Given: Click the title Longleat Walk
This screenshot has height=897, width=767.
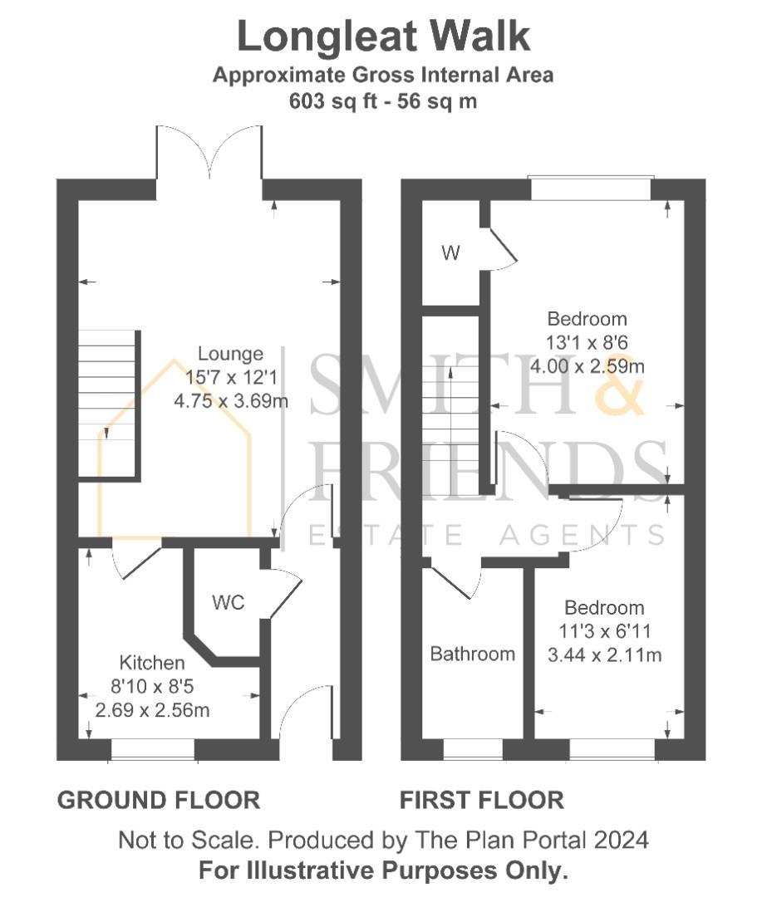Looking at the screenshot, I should pyautogui.click(x=383, y=37).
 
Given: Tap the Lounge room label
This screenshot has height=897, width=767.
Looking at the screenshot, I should pyautogui.click(x=230, y=355).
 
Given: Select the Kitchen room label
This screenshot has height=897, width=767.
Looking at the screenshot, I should pyautogui.click(x=152, y=663).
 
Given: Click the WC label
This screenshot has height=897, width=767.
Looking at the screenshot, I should pyautogui.click(x=228, y=603).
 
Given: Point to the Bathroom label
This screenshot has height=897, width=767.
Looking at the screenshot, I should pyautogui.click(x=472, y=654).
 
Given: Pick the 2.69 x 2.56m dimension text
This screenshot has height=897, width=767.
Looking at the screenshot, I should pyautogui.click(x=152, y=710).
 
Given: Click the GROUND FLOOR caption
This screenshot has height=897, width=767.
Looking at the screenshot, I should pyautogui.click(x=158, y=801).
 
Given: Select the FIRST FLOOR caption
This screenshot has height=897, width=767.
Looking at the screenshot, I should pyautogui.click(x=482, y=801).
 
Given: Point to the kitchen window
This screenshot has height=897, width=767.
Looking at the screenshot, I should pyautogui.click(x=153, y=750).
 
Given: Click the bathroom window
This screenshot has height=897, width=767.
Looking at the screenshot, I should pyautogui.click(x=473, y=750).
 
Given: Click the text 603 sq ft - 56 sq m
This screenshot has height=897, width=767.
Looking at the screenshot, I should pyautogui.click(x=382, y=101).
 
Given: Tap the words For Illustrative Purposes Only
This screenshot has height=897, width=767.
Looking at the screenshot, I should pyautogui.click(x=383, y=871).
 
